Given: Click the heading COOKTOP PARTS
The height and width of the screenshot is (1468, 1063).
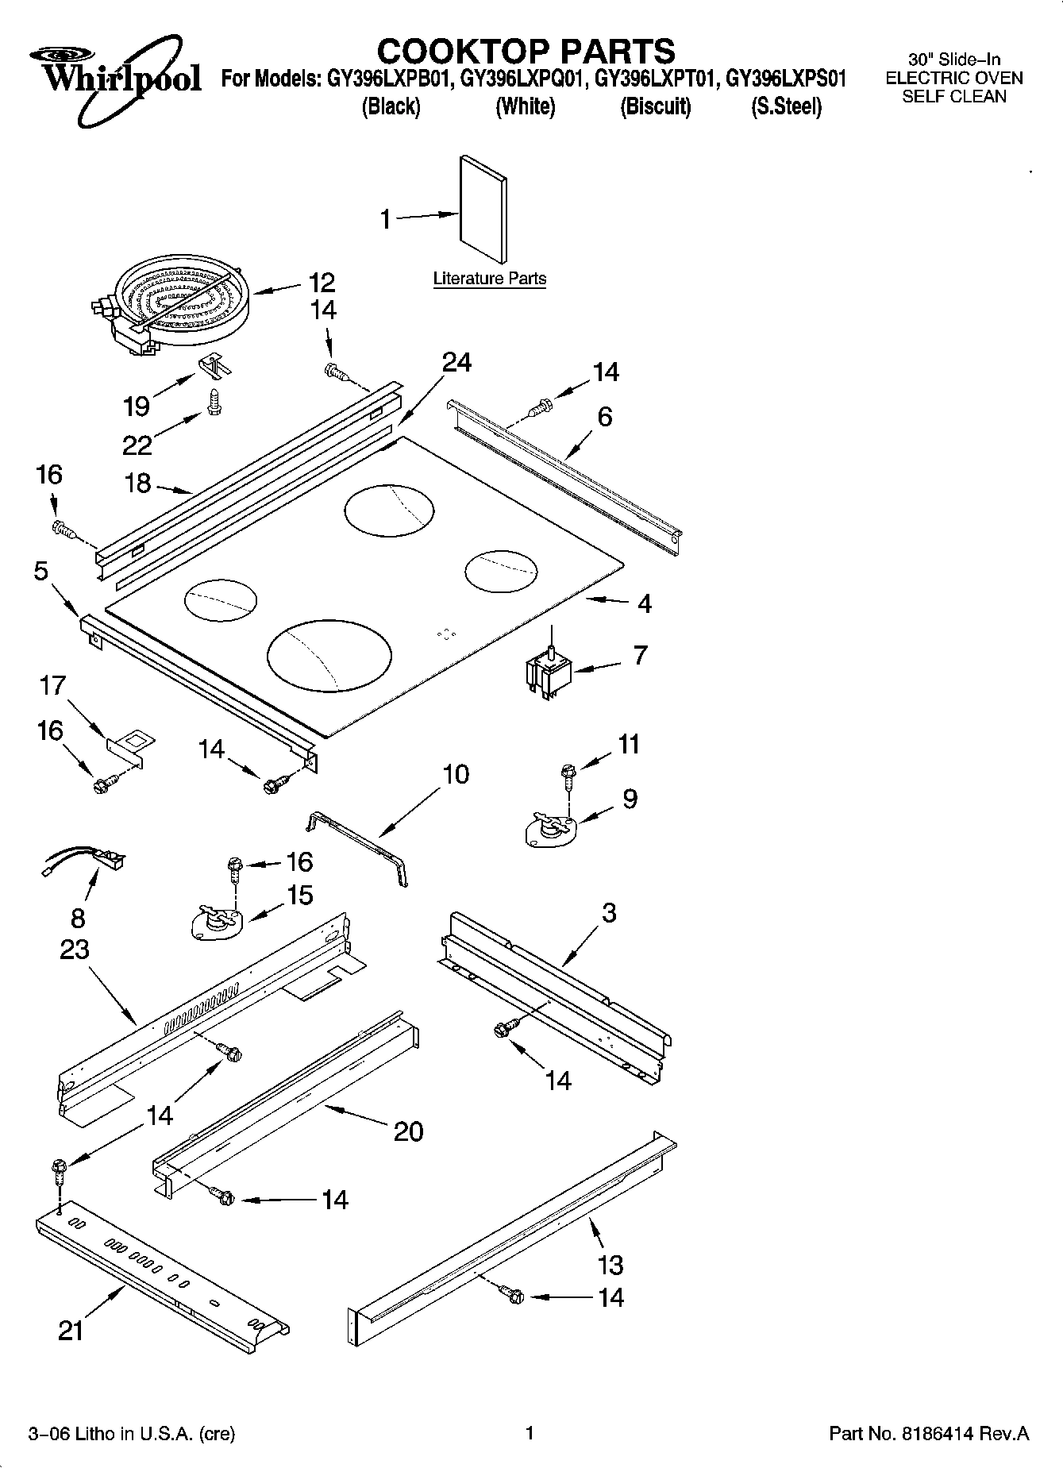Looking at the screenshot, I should (526, 51).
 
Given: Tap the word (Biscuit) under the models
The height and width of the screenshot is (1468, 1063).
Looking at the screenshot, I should (655, 106).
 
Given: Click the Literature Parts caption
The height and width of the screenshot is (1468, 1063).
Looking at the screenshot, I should (489, 279).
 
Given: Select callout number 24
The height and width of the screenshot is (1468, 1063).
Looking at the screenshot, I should (456, 362).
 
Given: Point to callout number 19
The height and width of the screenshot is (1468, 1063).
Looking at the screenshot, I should (137, 406).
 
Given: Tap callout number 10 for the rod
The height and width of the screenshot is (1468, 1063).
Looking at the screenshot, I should (455, 773).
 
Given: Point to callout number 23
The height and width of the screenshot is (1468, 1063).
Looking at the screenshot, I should (75, 949).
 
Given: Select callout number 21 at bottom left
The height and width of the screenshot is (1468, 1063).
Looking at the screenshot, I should (71, 1331).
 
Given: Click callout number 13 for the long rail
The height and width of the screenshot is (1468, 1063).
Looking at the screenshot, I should (610, 1264).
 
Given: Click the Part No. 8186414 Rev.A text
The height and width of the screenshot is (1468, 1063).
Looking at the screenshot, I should (928, 1433).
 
